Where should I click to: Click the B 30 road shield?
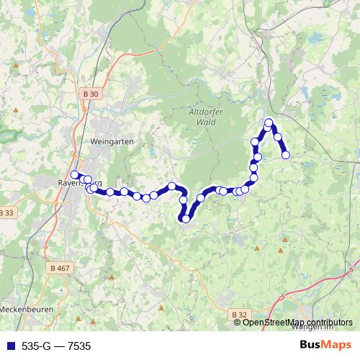(x=89, y=94)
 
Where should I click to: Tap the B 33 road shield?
(x=7, y=212)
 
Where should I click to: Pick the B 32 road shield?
(x=240, y=314)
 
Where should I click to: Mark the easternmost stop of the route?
(x=286, y=155)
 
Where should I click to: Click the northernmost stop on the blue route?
(x=269, y=122)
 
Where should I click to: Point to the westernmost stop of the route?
(x=74, y=175)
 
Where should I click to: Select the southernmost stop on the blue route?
(x=186, y=219)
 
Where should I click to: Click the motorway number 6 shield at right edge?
(x=351, y=270)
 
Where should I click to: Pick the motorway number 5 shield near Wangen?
(x=283, y=296)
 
